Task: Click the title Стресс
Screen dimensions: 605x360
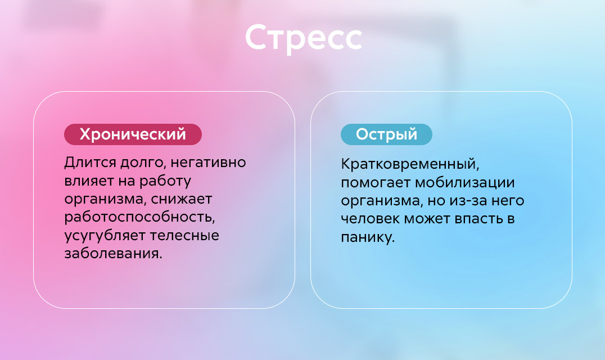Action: pyautogui.click(x=304, y=38)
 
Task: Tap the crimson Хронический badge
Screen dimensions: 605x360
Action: pyautogui.click(x=133, y=134)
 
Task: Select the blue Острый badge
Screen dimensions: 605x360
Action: pyautogui.click(x=386, y=134)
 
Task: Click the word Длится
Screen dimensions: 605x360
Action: pyautogui.click(x=91, y=163)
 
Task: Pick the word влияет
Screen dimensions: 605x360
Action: pyautogui.click(x=88, y=181)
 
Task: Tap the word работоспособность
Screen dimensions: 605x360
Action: pyautogui.click(x=139, y=218)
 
